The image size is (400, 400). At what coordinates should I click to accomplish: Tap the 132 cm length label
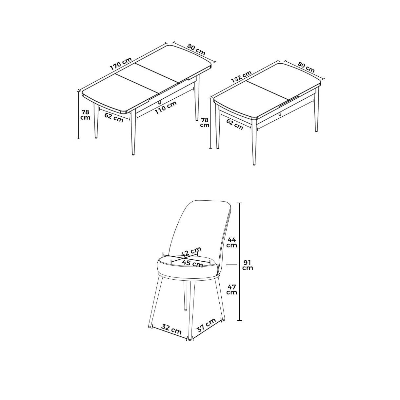[x=241, y=77]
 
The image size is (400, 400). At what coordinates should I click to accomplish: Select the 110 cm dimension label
[x=166, y=107]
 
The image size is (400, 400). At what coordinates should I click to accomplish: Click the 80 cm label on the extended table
[x=196, y=50]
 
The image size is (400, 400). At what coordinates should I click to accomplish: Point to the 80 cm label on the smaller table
[x=306, y=67]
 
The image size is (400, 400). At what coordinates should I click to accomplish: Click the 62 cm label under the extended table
[x=114, y=117]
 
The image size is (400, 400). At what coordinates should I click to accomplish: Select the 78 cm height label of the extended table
[x=86, y=115]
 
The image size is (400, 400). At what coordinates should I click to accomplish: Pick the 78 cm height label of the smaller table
[x=205, y=123]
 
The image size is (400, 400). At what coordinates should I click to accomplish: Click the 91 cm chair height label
[x=248, y=265]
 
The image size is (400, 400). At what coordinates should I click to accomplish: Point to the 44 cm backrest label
[x=232, y=242]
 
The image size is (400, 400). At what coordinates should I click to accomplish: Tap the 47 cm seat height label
[x=232, y=290]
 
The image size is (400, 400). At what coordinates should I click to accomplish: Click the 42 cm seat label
[x=191, y=251]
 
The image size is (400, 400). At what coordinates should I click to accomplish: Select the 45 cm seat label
[x=192, y=263]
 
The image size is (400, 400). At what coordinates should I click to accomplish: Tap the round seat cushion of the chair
[x=187, y=268]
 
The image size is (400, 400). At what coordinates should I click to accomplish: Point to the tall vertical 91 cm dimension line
[x=240, y=261]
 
